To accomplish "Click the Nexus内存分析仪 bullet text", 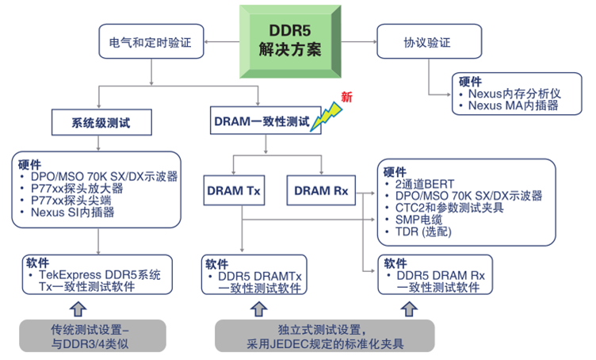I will click(x=514, y=93).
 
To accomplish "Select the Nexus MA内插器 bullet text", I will click(x=513, y=105).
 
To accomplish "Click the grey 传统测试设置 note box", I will click(x=93, y=335).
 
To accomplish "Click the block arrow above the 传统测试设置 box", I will click(x=77, y=308).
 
